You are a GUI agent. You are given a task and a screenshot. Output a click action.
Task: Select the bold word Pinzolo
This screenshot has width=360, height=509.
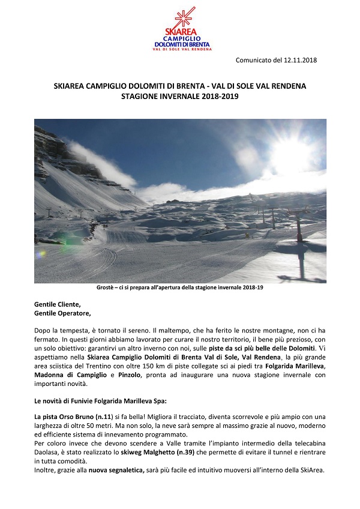tap(126, 375)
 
